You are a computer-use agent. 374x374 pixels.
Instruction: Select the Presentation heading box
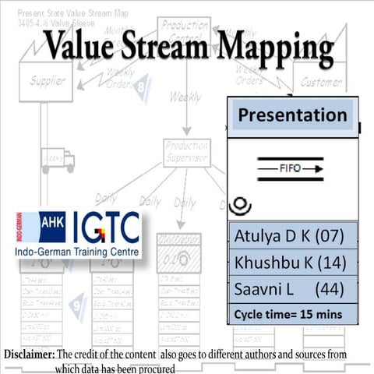(x=292, y=115)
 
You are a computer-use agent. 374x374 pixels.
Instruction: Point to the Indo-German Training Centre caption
(x=78, y=253)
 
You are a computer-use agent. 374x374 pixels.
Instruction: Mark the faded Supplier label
(x=48, y=80)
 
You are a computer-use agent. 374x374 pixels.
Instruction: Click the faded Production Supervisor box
(x=187, y=153)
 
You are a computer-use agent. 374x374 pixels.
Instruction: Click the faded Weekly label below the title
(x=185, y=99)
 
